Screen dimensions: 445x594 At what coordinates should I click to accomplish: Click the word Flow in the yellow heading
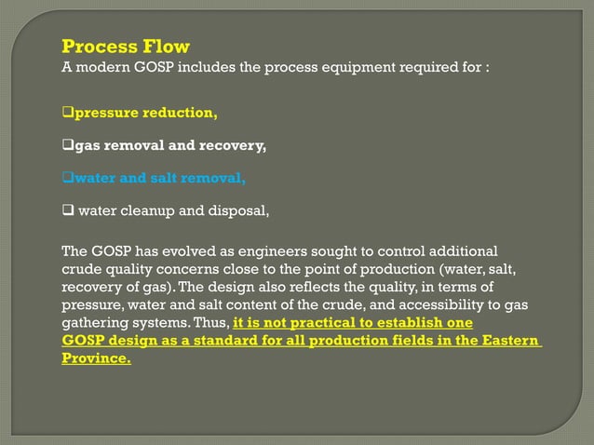pyautogui.click(x=165, y=47)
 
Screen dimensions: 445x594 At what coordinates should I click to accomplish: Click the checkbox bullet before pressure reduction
pyautogui.click(x=67, y=115)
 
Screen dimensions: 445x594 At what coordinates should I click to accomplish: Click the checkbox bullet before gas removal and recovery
pyautogui.click(x=67, y=146)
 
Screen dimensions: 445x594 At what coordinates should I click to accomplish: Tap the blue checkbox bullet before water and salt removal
pyautogui.click(x=67, y=178)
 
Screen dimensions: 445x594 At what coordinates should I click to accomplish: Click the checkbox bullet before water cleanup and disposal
pyautogui.click(x=68, y=209)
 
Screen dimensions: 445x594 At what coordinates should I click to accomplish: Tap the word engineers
pyautogui.click(x=272, y=252)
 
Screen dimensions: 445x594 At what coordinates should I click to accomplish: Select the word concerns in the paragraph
pyautogui.click(x=169, y=270)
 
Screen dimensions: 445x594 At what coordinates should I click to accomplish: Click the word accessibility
pyautogui.click(x=433, y=305)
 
